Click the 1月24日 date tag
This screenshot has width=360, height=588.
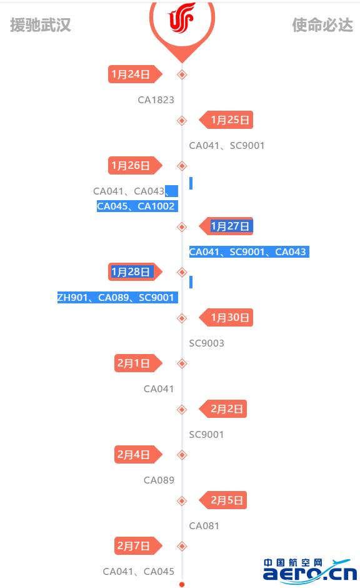coord(135,74)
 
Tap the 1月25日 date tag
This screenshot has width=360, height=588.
coord(226,120)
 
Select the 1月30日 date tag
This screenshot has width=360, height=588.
coord(226,318)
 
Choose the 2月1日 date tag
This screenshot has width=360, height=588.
coord(138,363)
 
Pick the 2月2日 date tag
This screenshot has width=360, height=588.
coord(223,408)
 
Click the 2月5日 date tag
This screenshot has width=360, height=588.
coord(223,500)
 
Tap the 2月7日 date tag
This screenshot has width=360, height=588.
coord(138,545)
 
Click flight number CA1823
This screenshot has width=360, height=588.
coord(156,99)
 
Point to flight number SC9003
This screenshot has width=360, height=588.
coord(206,343)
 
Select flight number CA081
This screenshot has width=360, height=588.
coord(204,525)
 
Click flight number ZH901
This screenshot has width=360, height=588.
coord(72,298)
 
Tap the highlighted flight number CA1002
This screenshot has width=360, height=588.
coord(156,206)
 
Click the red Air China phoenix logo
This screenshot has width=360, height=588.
coord(182,18)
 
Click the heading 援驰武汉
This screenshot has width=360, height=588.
coord(41,25)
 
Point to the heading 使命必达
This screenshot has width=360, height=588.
coord(322,25)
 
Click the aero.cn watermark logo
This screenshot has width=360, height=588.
coord(310,571)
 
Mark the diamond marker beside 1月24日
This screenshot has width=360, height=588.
coord(182,74)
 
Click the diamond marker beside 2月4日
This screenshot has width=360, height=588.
coord(182,455)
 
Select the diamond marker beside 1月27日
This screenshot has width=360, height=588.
coord(182,227)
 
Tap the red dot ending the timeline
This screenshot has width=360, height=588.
coord(182,585)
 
